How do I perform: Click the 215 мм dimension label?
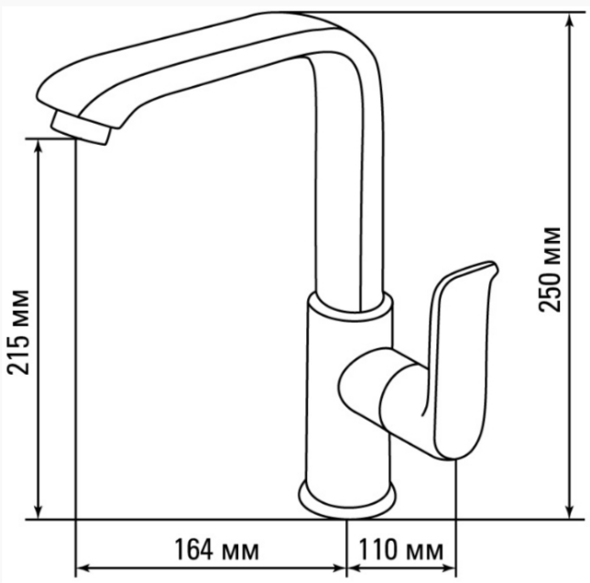coord(18,333)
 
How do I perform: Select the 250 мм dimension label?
coord(550,269)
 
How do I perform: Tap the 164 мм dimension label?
coord(217,549)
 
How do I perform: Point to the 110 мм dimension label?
coord(401,549)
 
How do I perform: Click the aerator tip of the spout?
coord(81,128)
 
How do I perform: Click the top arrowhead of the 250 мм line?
coord(571,22)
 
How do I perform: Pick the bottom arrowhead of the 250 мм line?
coord(571,510)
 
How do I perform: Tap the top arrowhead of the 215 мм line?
coord(38,148)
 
